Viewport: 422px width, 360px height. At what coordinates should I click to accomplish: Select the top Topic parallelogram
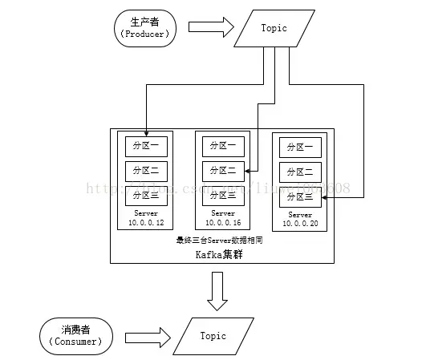click(x=274, y=28)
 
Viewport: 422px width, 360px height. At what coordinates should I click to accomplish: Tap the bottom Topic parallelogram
click(x=213, y=337)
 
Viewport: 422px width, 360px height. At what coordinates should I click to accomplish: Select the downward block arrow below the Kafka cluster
click(x=215, y=291)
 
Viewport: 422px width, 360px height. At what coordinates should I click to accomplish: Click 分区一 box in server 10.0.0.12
click(x=144, y=146)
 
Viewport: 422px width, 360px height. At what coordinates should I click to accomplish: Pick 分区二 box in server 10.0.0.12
click(x=144, y=170)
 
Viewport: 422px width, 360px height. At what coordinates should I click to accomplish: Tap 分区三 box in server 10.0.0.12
click(x=144, y=194)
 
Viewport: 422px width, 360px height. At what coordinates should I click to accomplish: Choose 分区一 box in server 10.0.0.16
click(x=222, y=146)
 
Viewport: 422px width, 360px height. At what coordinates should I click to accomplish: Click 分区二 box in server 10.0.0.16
click(x=222, y=170)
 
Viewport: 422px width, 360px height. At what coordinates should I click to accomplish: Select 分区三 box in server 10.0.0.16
click(x=222, y=194)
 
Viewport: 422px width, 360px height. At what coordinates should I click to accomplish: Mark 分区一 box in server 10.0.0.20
click(x=301, y=147)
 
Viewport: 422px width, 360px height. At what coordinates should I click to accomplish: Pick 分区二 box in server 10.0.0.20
click(x=301, y=172)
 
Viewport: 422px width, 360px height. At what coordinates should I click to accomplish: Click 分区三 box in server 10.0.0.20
click(x=301, y=196)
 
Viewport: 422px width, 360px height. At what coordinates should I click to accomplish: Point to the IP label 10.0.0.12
click(x=144, y=222)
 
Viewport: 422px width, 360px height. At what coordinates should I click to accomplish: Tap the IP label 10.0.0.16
click(x=222, y=222)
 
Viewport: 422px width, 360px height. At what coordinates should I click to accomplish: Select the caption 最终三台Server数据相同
click(x=221, y=239)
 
